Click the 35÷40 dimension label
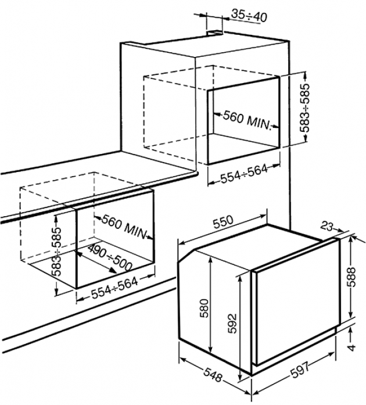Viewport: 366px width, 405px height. (x=249, y=16)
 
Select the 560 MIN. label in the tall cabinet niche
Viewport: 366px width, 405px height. (x=247, y=120)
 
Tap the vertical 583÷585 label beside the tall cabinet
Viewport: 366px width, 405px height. (x=305, y=107)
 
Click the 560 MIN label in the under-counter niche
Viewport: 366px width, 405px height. (x=124, y=226)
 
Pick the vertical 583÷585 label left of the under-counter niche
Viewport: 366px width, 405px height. (x=57, y=252)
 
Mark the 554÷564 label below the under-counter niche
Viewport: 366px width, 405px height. (x=114, y=288)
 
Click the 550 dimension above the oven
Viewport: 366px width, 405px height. (x=224, y=221)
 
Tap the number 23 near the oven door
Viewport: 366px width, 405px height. (x=326, y=226)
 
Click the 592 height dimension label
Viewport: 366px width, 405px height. (x=232, y=324)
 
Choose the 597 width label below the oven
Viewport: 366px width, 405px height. (x=300, y=370)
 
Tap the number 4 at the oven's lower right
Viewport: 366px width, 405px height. (x=351, y=347)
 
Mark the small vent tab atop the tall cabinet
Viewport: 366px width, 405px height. (x=215, y=33)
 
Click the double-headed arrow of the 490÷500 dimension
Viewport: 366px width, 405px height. (x=96, y=261)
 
